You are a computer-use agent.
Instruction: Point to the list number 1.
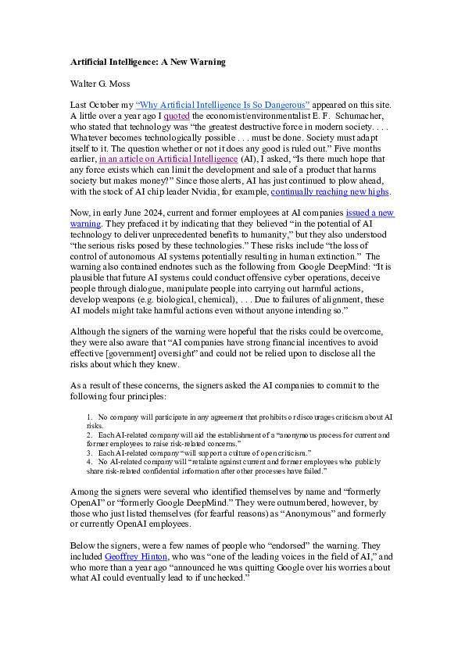[x=89, y=418]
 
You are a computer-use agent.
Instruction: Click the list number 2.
[x=89, y=434]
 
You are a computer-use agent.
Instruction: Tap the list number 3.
[x=89, y=452]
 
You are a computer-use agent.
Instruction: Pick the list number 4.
[x=89, y=462]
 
